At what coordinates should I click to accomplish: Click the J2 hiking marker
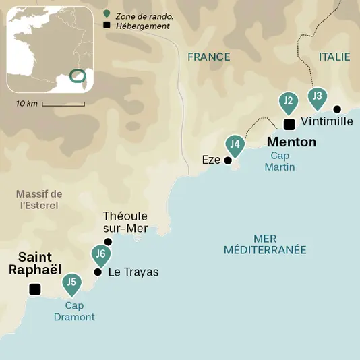click(x=288, y=102)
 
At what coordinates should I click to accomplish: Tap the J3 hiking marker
click(x=317, y=96)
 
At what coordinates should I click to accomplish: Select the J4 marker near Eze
click(x=235, y=144)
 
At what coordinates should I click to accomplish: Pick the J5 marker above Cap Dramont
click(x=71, y=282)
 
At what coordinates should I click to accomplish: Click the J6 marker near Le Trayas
click(x=100, y=254)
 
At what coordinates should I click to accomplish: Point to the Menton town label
click(x=291, y=142)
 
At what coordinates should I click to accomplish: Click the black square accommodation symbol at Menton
click(x=289, y=124)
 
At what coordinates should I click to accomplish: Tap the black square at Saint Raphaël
click(x=34, y=289)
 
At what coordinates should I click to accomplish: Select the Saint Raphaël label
click(x=35, y=263)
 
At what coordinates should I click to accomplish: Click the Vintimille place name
click(x=327, y=121)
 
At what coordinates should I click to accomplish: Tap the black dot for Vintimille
click(x=337, y=109)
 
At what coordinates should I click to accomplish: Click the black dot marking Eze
click(x=228, y=160)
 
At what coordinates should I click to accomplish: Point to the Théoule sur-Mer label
click(x=125, y=222)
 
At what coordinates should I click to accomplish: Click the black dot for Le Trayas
click(x=98, y=272)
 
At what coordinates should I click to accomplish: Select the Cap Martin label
click(x=279, y=161)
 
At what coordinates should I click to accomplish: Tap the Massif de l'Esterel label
click(x=38, y=200)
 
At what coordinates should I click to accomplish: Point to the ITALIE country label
click(x=334, y=57)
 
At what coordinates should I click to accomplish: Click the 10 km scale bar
click(x=63, y=104)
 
